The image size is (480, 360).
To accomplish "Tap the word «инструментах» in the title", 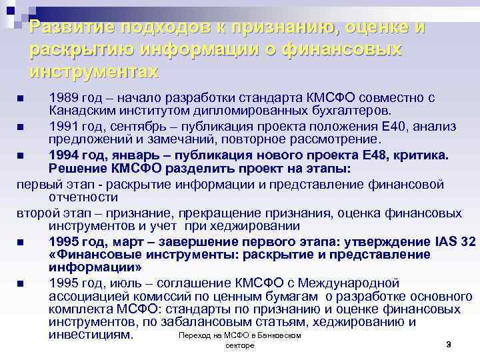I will [x=94, y=71].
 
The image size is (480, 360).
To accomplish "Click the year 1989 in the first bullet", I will [x=64, y=98].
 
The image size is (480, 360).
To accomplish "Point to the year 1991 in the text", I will [x=64, y=126].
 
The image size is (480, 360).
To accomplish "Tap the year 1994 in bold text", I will [x=65, y=155].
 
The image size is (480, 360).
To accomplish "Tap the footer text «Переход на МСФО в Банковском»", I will [x=240, y=335].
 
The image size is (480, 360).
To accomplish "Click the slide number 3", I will [x=449, y=344].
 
